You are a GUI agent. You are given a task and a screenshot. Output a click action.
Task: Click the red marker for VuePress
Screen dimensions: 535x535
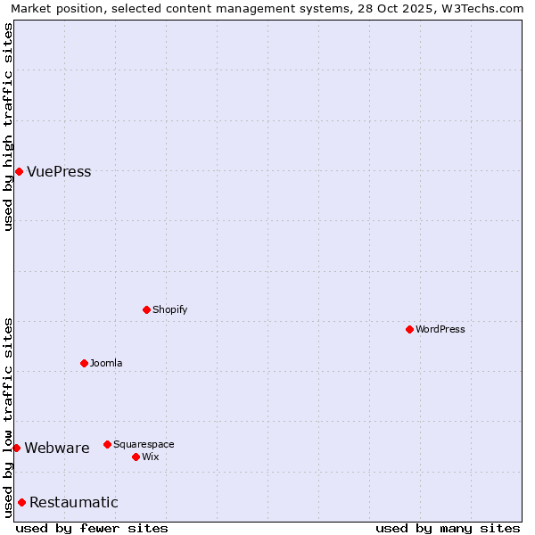tap(19, 171)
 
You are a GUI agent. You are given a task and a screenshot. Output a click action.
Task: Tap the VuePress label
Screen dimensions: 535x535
tap(59, 172)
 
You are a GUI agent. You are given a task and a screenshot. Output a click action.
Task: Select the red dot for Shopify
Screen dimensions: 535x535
tap(146, 309)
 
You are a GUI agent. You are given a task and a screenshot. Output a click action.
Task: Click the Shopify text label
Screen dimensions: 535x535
tap(169, 310)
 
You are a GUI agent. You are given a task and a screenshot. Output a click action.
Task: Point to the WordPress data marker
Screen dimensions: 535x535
tap(409, 329)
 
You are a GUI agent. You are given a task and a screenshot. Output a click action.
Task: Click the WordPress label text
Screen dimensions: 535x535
tap(440, 330)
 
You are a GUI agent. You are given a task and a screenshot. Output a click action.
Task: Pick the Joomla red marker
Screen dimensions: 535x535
tap(84, 363)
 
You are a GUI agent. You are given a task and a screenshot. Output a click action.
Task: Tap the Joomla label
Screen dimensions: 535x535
tap(106, 364)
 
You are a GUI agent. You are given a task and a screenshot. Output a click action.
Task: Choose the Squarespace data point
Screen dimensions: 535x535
tap(107, 444)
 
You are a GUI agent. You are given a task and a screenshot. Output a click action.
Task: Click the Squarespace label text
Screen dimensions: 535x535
tap(144, 445)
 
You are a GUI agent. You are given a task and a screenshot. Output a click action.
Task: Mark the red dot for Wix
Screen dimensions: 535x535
tap(136, 457)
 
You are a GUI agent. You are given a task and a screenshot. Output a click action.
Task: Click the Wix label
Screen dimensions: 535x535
tap(150, 457)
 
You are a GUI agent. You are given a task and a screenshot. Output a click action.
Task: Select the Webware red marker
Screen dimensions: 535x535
tap(16, 448)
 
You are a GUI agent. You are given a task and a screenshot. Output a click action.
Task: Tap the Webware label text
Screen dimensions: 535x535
tap(57, 449)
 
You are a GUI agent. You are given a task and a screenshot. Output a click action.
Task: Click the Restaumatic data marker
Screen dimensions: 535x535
tap(21, 502)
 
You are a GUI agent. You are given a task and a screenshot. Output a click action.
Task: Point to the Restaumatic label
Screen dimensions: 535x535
tap(74, 503)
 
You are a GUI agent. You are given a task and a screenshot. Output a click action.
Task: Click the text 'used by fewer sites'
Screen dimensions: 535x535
tap(92, 529)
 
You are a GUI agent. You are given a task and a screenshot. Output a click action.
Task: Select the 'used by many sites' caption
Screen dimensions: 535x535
tap(448, 529)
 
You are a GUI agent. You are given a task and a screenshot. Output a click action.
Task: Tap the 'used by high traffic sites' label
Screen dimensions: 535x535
tap(8, 127)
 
